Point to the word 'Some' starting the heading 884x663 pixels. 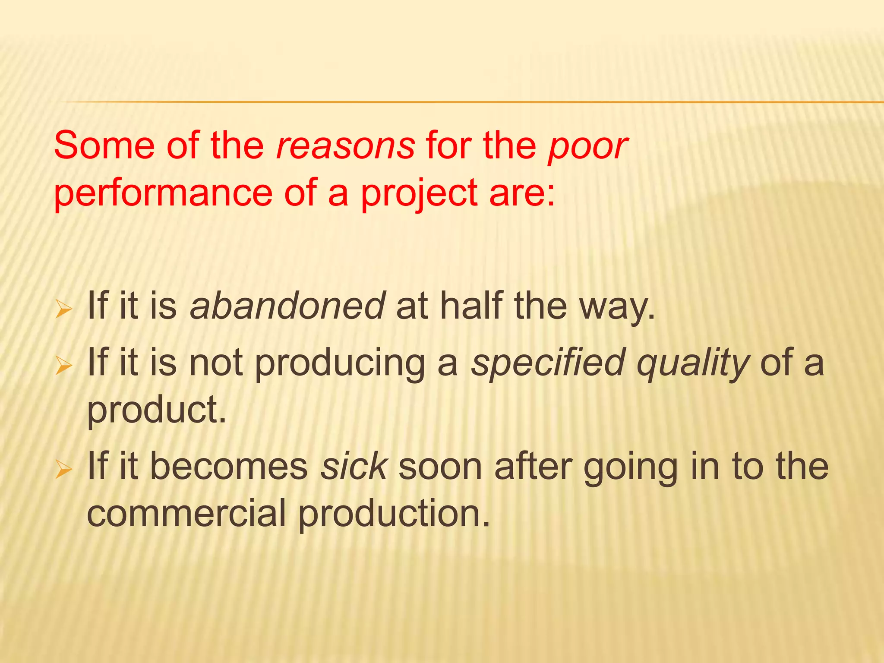pos(104,146)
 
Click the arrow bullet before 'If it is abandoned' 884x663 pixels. pos(63,310)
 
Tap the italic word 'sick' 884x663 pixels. pos(354,467)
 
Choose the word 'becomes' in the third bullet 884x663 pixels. pos(229,467)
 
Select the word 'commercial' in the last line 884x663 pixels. pos(186,514)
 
